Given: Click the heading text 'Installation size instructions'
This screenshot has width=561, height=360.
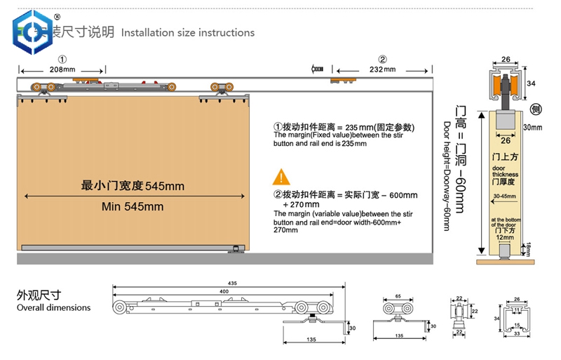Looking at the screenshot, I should click(188, 32).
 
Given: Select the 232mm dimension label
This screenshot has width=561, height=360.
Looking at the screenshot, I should click(381, 69).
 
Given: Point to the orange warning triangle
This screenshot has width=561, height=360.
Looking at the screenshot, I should click(281, 176).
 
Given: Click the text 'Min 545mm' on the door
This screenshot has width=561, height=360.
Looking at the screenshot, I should click(133, 206).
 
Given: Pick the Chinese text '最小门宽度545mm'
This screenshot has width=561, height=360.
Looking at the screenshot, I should click(133, 186).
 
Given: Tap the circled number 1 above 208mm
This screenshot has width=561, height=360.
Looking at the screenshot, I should click(62, 59).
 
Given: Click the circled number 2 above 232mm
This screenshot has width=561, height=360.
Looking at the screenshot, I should click(382, 59).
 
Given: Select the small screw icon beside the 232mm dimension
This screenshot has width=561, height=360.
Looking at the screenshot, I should click(317, 69).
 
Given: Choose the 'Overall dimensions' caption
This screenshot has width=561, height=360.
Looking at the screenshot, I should click(54, 307).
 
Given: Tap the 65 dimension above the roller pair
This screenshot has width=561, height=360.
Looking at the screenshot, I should click(397, 298).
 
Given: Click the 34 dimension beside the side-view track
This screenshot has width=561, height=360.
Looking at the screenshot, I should click(532, 84).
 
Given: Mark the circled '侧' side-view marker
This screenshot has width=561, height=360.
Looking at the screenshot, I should click(535, 109).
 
